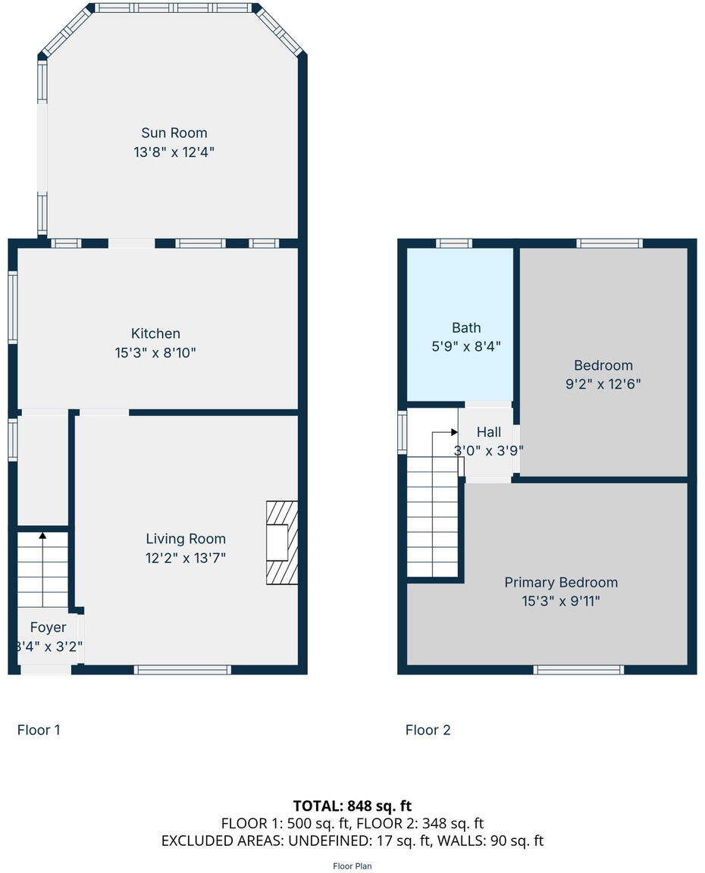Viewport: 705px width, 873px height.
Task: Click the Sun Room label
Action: point(174,133)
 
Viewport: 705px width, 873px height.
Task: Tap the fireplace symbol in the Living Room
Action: point(281,542)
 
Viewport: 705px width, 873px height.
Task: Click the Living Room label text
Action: point(186,539)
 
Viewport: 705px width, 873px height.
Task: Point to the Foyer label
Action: point(48,627)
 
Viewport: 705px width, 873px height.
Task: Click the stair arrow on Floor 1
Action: point(42,537)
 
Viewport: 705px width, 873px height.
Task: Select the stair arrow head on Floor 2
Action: point(454,432)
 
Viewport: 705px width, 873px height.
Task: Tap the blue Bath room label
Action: point(466,327)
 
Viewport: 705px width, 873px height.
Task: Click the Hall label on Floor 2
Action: point(488,432)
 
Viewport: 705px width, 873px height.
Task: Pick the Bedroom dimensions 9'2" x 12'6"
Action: point(603,383)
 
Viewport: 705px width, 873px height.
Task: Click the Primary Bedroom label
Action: point(561,582)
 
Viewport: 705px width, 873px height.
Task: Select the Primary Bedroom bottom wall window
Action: point(579,670)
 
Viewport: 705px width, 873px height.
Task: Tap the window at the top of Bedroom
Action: point(609,243)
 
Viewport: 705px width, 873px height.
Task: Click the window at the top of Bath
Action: point(454,243)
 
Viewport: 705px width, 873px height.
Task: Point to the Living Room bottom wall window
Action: point(182,670)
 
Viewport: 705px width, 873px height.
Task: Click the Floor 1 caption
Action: point(39,730)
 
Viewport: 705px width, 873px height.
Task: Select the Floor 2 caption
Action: point(428,730)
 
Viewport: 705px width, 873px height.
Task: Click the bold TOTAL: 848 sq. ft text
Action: point(352,806)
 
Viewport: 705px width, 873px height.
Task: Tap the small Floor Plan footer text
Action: point(352,865)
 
